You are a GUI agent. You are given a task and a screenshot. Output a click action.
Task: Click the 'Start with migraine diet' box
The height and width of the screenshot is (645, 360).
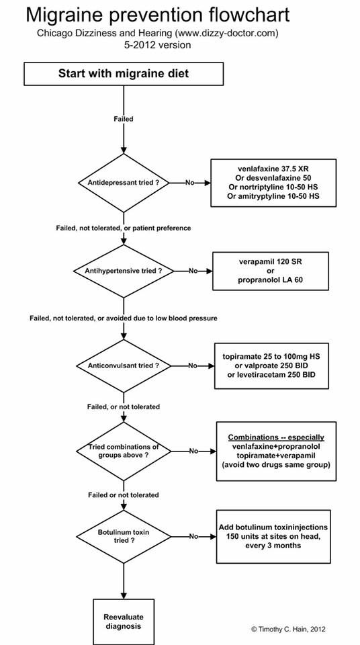[124, 74]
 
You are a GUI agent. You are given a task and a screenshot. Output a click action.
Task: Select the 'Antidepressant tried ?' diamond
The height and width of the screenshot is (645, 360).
[124, 183]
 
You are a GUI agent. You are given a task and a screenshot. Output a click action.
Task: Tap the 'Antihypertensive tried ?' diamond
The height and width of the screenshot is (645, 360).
[124, 271]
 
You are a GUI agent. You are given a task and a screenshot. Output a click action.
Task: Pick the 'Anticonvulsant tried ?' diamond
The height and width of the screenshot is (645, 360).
[124, 365]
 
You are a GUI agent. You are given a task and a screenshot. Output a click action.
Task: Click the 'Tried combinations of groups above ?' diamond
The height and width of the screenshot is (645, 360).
[124, 451]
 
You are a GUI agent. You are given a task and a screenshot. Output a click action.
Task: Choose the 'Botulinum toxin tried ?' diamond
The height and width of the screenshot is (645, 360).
[124, 536]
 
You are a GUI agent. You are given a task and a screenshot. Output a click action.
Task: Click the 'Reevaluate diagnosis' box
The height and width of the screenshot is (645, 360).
[124, 622]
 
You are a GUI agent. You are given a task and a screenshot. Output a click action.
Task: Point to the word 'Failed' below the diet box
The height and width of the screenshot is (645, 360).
[124, 119]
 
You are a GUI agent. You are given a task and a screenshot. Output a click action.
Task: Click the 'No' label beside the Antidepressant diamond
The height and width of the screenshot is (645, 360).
[189, 183]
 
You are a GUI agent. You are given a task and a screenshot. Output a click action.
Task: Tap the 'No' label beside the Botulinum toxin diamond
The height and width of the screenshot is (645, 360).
[194, 536]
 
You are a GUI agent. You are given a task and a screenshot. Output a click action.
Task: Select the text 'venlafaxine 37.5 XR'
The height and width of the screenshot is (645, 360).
[273, 169]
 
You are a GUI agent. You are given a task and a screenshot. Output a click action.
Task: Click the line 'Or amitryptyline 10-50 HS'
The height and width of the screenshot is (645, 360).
[273, 196]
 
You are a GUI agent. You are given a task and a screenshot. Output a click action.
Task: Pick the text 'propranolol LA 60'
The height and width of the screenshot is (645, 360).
[270, 281]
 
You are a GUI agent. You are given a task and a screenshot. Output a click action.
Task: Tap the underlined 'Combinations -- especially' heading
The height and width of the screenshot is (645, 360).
[276, 437]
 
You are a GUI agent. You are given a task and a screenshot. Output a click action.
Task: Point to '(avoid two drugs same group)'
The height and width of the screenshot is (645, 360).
[276, 464]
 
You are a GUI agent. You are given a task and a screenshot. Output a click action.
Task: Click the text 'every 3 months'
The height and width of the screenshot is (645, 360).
[273, 546]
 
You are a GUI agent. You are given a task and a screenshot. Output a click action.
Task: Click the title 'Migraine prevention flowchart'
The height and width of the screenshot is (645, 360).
[158, 15]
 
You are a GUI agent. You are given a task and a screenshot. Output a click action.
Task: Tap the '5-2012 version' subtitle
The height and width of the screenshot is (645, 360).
[158, 45]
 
